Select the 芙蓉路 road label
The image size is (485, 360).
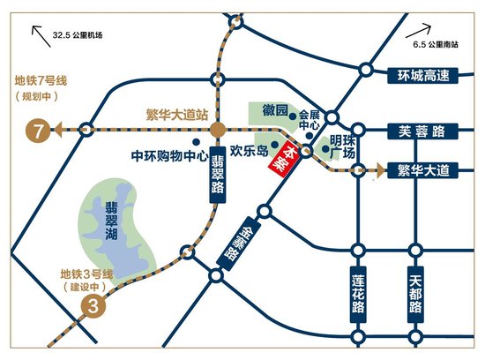(x=417, y=131)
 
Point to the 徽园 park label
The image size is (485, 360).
(x=277, y=111)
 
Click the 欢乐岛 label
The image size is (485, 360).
(x=248, y=150)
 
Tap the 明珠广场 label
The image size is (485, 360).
(x=342, y=146)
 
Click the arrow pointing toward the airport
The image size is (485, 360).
(x=40, y=35)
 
